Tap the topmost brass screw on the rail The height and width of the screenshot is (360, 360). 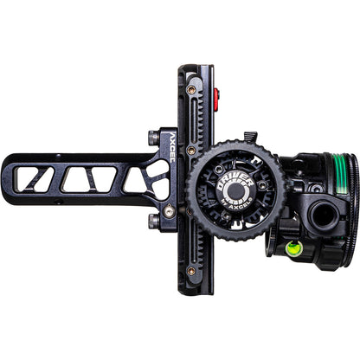(190, 80)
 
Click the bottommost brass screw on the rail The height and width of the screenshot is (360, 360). (190, 271)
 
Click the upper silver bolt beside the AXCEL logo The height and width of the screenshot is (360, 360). (154, 137)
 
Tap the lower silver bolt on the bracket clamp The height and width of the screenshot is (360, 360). (154, 221)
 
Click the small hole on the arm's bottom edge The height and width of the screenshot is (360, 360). (59, 202)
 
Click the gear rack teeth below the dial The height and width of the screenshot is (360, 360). (199, 251)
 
